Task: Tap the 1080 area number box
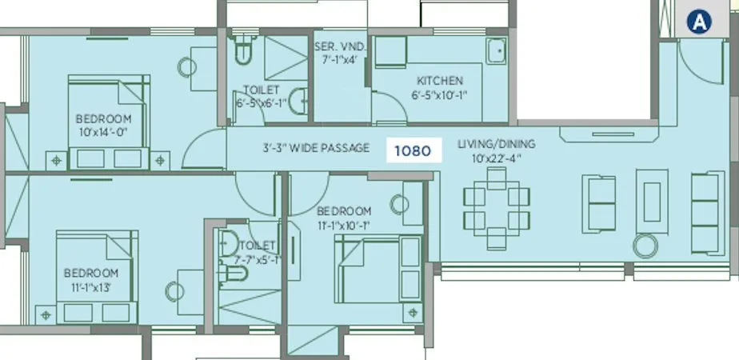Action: (x=413, y=150)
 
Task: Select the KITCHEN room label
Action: (x=439, y=81)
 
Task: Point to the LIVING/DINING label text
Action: (x=496, y=145)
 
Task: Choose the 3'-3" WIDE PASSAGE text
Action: (x=316, y=148)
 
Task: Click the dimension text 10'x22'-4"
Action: (x=496, y=158)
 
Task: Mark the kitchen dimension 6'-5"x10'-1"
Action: (x=439, y=95)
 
